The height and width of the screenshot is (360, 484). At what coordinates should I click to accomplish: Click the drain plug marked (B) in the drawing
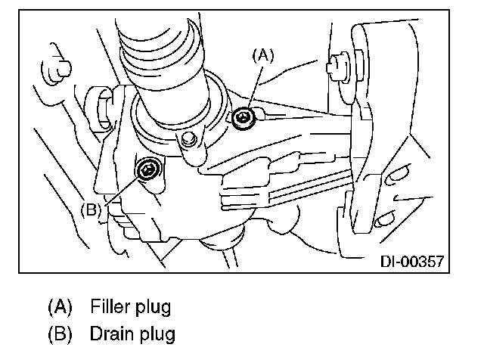(x=147, y=169)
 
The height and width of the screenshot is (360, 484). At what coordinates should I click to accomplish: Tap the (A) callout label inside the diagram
(x=262, y=54)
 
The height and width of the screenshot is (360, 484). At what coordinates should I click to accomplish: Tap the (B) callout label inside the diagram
(x=90, y=209)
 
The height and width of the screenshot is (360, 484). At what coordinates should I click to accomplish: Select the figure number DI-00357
(x=410, y=262)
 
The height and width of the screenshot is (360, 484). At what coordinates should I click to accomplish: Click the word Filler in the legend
(x=110, y=307)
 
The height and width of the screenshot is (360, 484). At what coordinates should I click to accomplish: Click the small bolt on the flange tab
(x=190, y=138)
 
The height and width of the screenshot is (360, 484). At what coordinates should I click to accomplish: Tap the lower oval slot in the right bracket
(x=383, y=219)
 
